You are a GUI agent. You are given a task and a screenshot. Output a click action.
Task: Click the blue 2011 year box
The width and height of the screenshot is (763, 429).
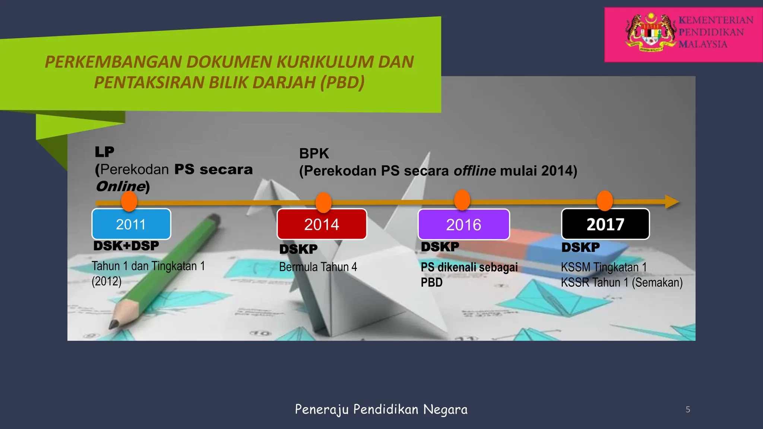click(131, 224)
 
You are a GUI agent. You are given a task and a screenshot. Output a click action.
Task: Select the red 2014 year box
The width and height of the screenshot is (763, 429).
click(322, 224)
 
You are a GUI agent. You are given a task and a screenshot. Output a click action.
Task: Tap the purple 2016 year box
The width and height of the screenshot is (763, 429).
click(464, 225)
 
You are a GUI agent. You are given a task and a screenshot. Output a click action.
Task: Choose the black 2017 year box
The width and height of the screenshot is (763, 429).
click(605, 224)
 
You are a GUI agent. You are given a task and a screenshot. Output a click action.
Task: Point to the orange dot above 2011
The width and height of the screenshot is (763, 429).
click(129, 201)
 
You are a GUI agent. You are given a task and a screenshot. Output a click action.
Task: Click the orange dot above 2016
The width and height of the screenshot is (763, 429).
click(462, 200)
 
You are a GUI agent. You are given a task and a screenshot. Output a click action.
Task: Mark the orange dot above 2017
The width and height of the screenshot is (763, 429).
click(605, 201)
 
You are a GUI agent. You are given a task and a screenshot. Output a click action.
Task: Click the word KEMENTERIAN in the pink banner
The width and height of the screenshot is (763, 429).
click(716, 20)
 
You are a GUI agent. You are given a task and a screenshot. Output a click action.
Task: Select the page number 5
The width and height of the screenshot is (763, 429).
click(688, 410)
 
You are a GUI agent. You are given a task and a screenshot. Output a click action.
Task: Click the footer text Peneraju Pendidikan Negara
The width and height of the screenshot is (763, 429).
click(381, 409)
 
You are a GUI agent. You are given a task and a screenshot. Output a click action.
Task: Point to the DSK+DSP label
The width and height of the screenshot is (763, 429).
click(126, 246)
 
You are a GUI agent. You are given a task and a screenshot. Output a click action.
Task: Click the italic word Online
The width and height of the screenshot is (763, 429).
click(120, 186)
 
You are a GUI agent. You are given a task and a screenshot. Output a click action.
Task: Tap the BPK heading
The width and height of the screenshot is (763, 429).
click(314, 153)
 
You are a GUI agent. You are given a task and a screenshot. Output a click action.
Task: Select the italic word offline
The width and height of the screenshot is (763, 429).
click(475, 171)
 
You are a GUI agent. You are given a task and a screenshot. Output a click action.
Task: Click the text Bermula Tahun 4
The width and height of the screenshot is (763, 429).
click(318, 267)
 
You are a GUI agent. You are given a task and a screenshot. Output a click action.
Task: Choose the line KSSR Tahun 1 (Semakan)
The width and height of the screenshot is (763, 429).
click(621, 283)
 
